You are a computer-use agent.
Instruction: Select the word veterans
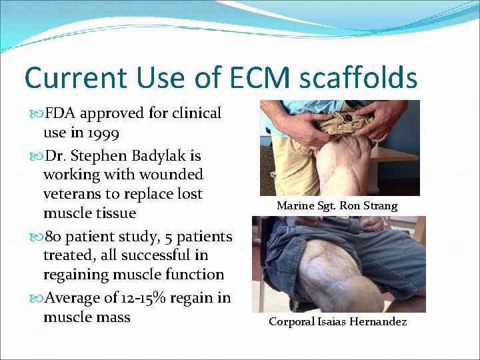73,194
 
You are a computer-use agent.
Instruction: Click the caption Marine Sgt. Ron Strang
337,206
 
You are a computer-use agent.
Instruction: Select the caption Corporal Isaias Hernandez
337,322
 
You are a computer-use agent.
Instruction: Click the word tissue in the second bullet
117,213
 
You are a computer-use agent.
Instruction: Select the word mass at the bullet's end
113,317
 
